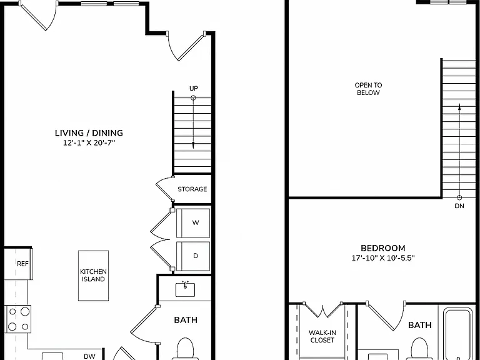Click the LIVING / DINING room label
[89, 133]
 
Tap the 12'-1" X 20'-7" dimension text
[89, 142]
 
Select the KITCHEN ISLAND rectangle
[93, 276]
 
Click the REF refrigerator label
[22, 264]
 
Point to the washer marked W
[193, 223]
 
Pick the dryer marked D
[193, 256]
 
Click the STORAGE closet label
[192, 189]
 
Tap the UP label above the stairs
[194, 89]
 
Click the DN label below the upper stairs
[459, 206]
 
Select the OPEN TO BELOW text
[368, 89]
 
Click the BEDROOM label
[383, 248]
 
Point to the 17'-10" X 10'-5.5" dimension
[383, 258]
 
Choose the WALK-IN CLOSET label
[322, 336]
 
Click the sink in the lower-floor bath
[185, 289]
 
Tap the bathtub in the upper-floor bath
[458, 334]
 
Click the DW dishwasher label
[89, 356]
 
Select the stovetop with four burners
[17, 319]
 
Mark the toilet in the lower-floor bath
[186, 349]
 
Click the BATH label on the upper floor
[420, 325]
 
